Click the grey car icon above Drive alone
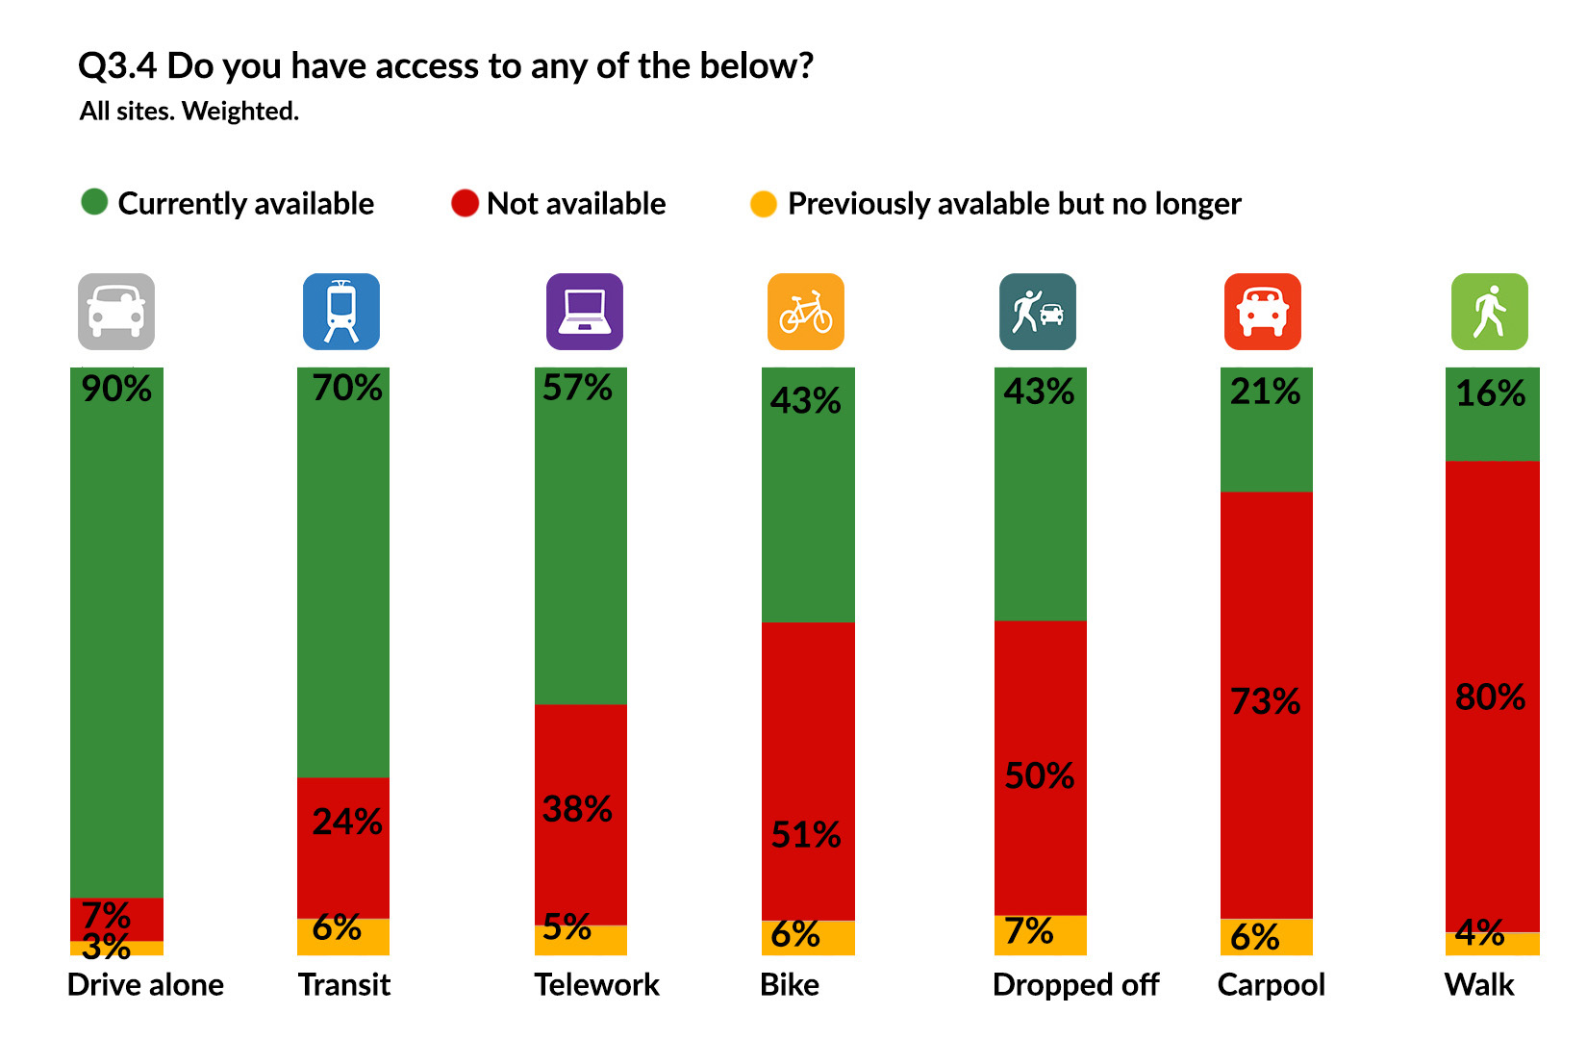(x=116, y=312)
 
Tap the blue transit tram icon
(x=341, y=312)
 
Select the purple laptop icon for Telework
(x=584, y=312)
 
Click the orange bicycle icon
(x=806, y=312)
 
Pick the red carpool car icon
(x=1262, y=312)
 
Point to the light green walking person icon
(x=1489, y=312)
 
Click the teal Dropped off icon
(x=1038, y=312)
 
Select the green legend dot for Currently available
(x=94, y=202)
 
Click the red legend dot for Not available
(x=465, y=203)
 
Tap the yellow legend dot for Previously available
(x=764, y=204)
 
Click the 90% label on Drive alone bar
(x=116, y=389)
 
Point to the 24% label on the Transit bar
(x=347, y=822)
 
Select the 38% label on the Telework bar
(x=577, y=809)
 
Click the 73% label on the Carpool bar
(x=1265, y=701)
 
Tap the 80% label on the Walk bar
(x=1490, y=697)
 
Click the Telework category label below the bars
(x=596, y=984)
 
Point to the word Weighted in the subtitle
(x=240, y=112)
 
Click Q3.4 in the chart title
(x=117, y=66)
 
